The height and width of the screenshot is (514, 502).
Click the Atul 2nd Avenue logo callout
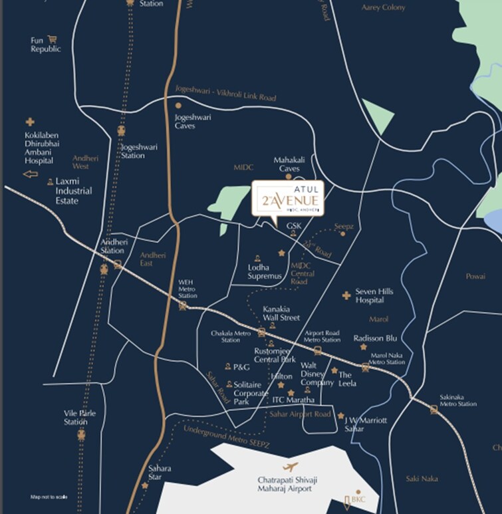(287, 198)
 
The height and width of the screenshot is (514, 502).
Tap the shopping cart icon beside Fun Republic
(53, 39)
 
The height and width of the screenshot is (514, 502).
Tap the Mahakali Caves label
(289, 164)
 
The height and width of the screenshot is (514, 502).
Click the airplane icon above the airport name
(290, 467)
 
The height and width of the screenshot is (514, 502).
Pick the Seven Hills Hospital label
(374, 296)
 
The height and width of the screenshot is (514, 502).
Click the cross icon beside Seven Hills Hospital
(346, 295)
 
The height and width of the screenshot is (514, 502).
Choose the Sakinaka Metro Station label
(457, 400)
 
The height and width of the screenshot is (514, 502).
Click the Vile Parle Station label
(80, 417)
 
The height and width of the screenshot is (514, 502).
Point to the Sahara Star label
(160, 473)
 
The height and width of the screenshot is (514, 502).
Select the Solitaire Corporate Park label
(251, 394)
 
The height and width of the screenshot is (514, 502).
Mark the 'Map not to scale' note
(49, 497)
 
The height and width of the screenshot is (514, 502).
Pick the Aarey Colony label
(383, 7)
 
